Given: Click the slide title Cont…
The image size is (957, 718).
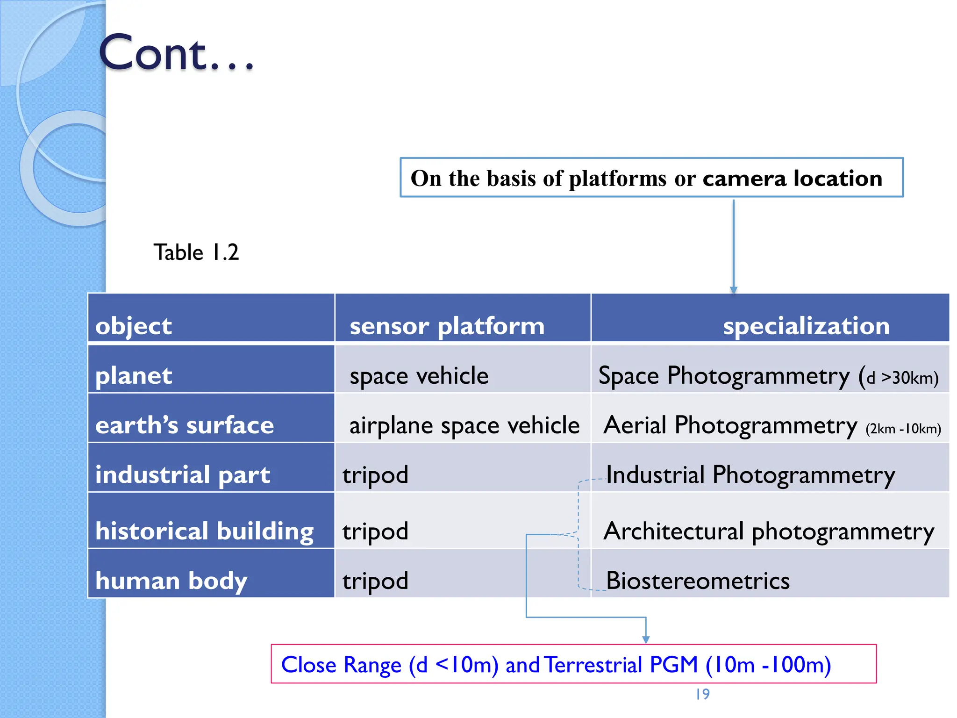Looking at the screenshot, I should [177, 53].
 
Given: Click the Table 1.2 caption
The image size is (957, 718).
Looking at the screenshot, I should [196, 252].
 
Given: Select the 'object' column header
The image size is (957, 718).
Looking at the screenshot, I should [133, 326].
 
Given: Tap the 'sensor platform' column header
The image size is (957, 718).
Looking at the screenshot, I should [447, 326].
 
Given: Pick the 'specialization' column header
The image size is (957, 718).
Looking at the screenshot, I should [806, 326].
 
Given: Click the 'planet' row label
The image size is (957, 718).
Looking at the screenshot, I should [133, 376].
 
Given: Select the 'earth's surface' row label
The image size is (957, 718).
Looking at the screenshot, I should [184, 425].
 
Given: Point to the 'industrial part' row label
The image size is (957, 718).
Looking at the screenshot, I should [182, 475].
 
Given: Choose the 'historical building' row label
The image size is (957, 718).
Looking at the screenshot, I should [204, 531].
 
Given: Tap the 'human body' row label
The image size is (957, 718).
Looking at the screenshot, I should [171, 581].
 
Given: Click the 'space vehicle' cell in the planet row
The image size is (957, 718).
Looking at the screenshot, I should [419, 376].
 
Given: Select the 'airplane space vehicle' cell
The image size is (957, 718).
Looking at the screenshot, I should [464, 425].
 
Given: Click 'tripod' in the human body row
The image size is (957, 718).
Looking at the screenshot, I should [375, 581].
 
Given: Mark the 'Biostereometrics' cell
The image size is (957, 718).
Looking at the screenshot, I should [697, 581].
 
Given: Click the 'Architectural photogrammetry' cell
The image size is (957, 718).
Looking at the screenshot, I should [768, 531].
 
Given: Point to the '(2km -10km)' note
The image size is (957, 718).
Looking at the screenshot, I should [903, 429].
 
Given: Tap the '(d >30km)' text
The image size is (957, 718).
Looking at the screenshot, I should [902, 378].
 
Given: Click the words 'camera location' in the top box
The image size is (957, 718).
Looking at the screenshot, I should [792, 178].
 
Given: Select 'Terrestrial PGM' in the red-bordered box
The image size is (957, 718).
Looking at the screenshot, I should [621, 665].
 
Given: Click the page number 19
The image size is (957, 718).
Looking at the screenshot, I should [702, 694].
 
